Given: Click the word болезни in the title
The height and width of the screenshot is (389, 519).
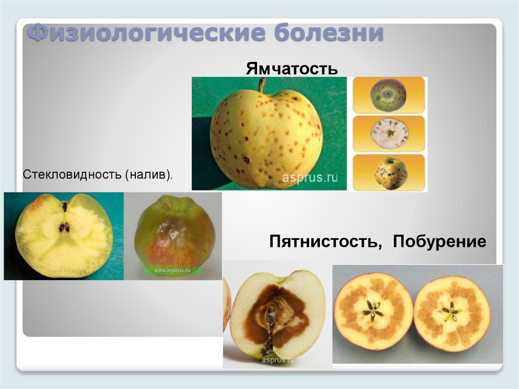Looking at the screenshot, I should coord(329,34).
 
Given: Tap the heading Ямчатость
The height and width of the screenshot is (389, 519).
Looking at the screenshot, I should coord(292,68).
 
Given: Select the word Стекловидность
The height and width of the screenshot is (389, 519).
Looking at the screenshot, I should coord(71,175).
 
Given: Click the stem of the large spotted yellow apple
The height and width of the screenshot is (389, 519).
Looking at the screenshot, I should coord(262,85).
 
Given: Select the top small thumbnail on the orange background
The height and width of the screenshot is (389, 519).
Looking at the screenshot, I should coord(388,95).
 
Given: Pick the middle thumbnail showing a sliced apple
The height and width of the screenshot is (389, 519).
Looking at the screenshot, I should coord(388,133).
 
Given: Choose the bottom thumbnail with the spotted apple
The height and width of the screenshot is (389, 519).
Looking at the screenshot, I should coord(388,172).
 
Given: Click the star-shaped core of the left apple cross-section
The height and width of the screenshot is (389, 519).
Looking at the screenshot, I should coord(373,312).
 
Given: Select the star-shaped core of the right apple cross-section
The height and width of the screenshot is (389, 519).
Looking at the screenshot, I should coord(451,311).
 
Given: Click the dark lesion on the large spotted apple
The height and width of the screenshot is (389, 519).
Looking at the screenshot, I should coord(247,160).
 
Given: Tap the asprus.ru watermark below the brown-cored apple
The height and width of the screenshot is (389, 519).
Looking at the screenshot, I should coord(278,360).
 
